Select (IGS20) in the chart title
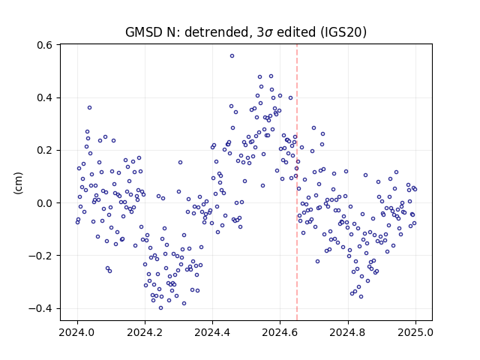pos(343,32)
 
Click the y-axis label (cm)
pos(18,183)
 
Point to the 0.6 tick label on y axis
pos(45,45)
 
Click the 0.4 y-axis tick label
pos(45,98)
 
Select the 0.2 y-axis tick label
pos(45,151)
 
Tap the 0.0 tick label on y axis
pos(45,203)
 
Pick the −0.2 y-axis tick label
pos(40,256)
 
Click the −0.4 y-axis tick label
pos(40,308)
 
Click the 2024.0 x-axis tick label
pos(76,332)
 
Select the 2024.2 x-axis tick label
pos(145,332)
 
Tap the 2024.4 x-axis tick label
pos(212,332)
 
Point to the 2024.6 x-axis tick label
pos(280,332)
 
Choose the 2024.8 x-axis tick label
pos(347,332)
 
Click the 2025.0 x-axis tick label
pos(415,332)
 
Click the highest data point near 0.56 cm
pos(232,56)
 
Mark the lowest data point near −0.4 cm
pos(160,308)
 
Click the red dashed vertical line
pos(297,182)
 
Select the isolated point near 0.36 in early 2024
pos(89,108)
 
